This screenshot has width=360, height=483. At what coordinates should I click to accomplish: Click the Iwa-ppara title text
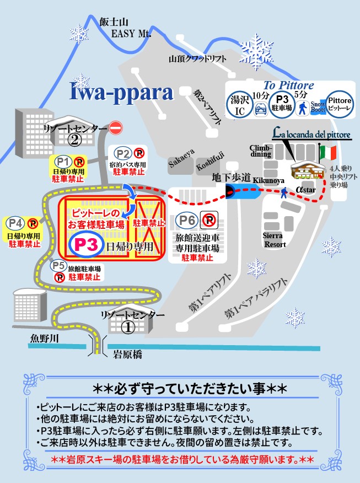pyautogui.click(x=121, y=92)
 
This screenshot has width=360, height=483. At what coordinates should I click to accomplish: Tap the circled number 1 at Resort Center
pyautogui.click(x=128, y=327)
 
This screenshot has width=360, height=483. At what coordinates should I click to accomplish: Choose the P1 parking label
pyautogui.click(x=63, y=162)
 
